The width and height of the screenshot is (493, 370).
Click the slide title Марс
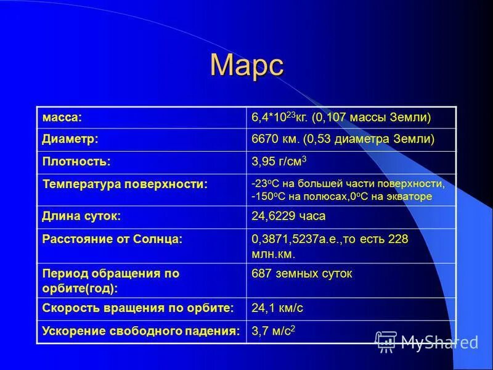tap(246, 65)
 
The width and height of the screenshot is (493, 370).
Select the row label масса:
tap(62, 117)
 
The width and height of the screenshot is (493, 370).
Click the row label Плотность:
tap(76, 162)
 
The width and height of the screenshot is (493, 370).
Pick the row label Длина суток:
tap(81, 216)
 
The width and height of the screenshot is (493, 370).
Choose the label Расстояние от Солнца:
tap(112, 239)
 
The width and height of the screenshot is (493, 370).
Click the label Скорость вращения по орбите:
tap(138, 307)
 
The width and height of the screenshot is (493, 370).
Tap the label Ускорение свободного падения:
tap(141, 331)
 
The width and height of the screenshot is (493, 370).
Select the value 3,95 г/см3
tap(279, 162)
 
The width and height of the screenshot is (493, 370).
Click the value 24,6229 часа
tap(288, 216)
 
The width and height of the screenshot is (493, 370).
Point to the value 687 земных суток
tap(302, 273)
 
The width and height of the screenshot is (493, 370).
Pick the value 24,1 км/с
tap(277, 307)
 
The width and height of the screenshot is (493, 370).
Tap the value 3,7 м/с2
tap(274, 331)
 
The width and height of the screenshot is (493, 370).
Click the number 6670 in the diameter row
tap(264, 139)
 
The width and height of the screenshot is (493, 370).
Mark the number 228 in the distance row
tap(397, 239)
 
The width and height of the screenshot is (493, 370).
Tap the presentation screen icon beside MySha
tap(386, 341)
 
